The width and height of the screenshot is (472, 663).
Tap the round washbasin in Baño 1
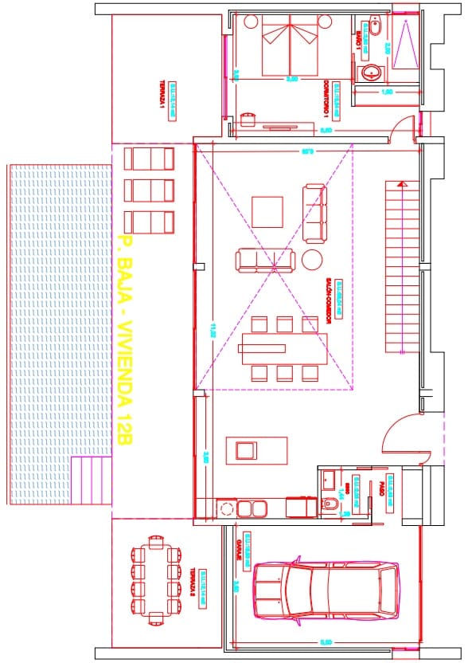coord(371,74)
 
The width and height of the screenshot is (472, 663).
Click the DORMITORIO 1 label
coord(326,94)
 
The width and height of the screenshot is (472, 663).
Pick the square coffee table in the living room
coord(267,212)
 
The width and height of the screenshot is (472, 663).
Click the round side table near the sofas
coord(312,259)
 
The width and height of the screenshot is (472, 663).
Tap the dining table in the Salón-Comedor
coord(283,347)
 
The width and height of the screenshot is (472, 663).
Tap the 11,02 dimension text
coord(213,328)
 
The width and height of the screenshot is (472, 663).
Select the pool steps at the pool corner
coord(89,481)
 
